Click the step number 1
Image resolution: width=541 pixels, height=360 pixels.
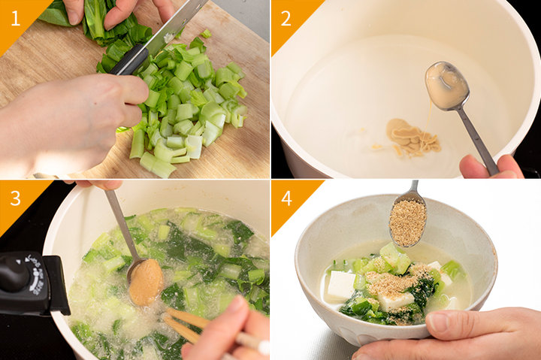coord(16,19)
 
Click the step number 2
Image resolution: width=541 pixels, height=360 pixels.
coord(286,19)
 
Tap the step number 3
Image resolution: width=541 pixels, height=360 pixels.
coord(16,198)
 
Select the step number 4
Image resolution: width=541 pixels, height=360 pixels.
coord(286,198)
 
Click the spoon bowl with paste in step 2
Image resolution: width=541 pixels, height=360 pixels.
coord(447,86)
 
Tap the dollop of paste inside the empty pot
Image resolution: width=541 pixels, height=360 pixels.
coord(413,137)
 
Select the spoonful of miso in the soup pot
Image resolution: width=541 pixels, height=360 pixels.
coord(146,282)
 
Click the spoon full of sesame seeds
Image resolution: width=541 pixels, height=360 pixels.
coord(408,221)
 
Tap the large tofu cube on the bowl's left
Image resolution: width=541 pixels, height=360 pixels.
coord(341,286)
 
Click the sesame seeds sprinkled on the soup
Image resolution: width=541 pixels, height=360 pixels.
coord(393,281)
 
